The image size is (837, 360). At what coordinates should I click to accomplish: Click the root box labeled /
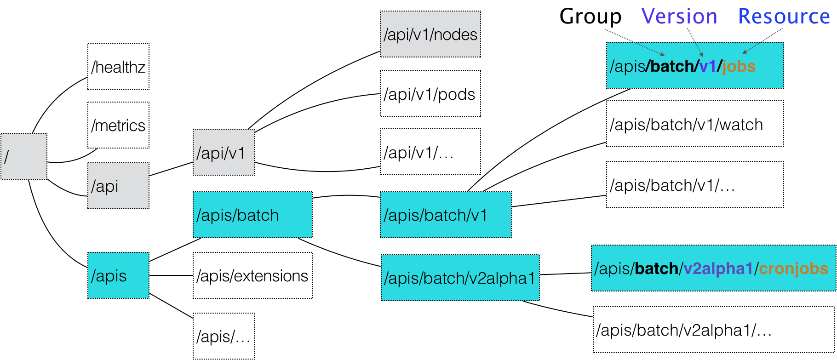pyautogui.click(x=23, y=156)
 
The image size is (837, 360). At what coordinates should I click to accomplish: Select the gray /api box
pyautogui.click(x=118, y=186)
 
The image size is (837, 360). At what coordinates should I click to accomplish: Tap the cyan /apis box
pyautogui.click(x=118, y=275)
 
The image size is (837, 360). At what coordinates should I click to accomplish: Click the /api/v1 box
pyautogui.click(x=224, y=152)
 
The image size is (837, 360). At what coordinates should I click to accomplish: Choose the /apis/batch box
pyautogui.click(x=252, y=215)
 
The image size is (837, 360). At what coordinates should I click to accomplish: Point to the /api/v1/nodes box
pyautogui.click(x=430, y=34)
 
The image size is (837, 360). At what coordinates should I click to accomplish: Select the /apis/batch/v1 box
pyautogui.click(x=446, y=215)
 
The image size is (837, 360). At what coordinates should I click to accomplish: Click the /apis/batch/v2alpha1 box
pyautogui.click(x=460, y=278)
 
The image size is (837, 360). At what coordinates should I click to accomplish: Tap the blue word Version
pyautogui.click(x=679, y=17)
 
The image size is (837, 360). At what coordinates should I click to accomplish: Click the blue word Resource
pyautogui.click(x=784, y=17)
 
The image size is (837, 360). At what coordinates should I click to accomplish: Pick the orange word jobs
pyautogui.click(x=739, y=66)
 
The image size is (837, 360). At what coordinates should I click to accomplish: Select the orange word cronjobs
pyautogui.click(x=793, y=269)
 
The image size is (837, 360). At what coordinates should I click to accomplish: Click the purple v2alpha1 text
pyautogui.click(x=718, y=269)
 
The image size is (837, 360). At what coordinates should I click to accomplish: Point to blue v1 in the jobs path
pyautogui.click(x=708, y=66)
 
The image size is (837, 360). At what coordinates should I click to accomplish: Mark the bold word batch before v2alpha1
pyautogui.click(x=656, y=269)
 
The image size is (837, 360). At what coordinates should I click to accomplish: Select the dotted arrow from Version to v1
pyautogui.click(x=695, y=42)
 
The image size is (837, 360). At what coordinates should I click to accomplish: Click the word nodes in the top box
pyautogui.click(x=455, y=34)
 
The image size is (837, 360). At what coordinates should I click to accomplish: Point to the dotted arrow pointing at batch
pyautogui.click(x=635, y=42)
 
